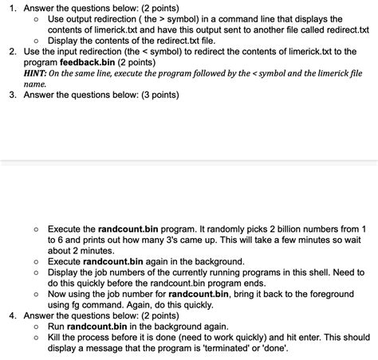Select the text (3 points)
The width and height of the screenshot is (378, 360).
[x=157, y=94]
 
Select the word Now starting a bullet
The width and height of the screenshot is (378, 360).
[x=58, y=292]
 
